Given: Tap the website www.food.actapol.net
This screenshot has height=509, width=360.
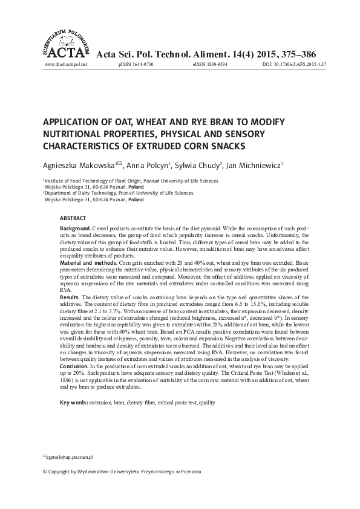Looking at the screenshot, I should (66, 63).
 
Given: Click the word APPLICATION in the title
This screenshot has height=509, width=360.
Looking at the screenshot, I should (72, 122).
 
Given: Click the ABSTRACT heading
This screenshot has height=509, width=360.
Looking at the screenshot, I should (73, 217).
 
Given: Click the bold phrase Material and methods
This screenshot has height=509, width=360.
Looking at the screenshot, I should (90, 264).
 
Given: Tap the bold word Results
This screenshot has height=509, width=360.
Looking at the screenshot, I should (70, 297).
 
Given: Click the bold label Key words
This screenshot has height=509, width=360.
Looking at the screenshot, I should (73, 402).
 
